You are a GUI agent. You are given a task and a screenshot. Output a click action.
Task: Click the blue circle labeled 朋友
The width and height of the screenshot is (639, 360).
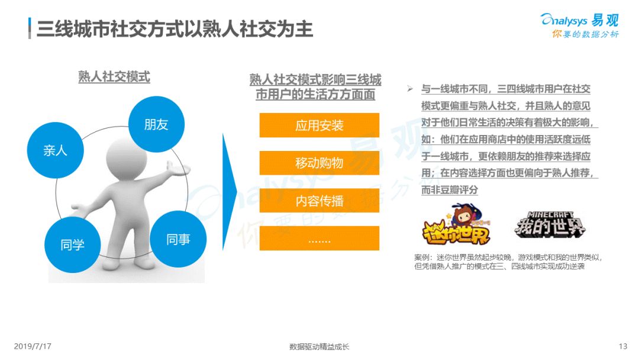coord(156,124)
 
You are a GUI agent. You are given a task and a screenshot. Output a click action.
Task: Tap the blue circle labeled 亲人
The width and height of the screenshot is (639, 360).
coord(56,150)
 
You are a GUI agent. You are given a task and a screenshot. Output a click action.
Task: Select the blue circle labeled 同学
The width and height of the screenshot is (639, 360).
coord(73,245)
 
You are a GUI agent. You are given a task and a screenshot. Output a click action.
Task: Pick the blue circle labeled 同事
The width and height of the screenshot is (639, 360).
coord(178,239)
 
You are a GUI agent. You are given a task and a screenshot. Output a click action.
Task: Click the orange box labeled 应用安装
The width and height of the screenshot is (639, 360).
coord(319,125)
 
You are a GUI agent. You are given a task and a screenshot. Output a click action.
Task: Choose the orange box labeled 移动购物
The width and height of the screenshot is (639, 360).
coord(319,163)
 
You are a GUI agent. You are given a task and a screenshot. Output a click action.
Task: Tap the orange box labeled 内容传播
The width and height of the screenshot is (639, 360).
coord(319,201)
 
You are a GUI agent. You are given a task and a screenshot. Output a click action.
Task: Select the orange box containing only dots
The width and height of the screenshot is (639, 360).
coord(319,238)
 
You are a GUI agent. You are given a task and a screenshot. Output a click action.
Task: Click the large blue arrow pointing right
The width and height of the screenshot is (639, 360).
coord(229,192)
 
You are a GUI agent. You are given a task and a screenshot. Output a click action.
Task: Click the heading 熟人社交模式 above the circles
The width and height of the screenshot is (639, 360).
coord(114,76)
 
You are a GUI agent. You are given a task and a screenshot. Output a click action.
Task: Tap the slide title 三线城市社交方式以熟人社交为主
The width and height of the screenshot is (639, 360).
coord(175,28)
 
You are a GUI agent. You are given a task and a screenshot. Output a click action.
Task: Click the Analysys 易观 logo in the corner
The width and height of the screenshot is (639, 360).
coord(579,25)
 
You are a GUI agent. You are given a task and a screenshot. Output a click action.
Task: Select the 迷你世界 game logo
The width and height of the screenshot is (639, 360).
coord(456,226)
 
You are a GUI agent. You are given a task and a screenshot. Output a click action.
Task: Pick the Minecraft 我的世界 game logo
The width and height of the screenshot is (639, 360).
coord(550,224)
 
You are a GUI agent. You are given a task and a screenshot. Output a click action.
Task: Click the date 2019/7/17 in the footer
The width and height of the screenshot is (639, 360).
coord(33,346)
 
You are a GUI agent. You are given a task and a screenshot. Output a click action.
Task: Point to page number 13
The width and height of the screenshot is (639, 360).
coord(622,346)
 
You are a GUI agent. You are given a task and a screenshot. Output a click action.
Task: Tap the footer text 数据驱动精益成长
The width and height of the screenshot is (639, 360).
coord(319,347)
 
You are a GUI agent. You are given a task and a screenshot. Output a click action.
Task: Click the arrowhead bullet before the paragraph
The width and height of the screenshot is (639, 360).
coord(409,88)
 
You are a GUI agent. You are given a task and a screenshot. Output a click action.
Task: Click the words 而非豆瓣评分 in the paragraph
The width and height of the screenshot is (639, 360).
coord(449,190)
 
